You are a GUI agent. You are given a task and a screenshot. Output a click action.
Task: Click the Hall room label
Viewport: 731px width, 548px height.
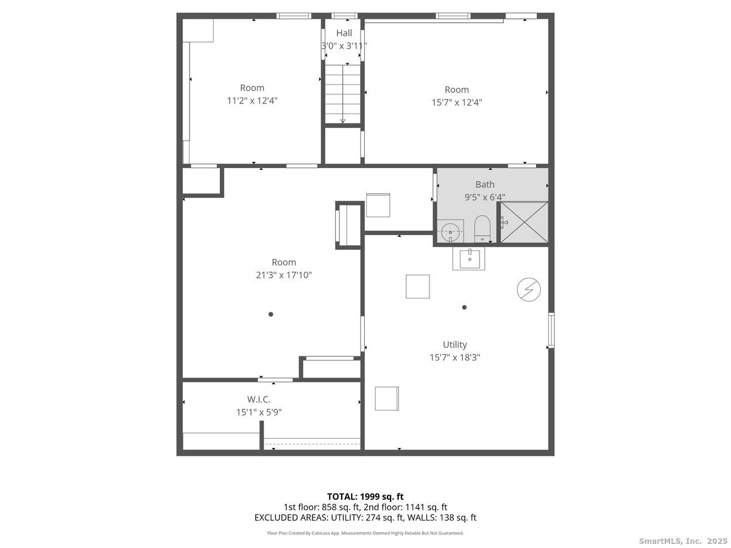(x=344, y=33)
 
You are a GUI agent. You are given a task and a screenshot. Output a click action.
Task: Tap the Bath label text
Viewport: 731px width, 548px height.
(x=484, y=184)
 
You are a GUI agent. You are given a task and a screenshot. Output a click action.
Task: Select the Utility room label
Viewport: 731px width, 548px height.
(x=454, y=345)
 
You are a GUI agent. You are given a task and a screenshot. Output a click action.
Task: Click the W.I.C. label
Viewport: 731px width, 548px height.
(x=259, y=399)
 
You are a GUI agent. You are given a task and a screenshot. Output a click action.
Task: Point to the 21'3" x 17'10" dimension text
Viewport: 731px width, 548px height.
(x=284, y=275)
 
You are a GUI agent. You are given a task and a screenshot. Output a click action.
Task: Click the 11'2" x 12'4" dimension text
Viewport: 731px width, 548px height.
(x=252, y=100)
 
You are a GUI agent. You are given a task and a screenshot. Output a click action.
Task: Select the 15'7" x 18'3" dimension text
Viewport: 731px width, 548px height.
(x=454, y=357)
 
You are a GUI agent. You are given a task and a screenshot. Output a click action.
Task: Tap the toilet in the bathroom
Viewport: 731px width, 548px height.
(x=482, y=228)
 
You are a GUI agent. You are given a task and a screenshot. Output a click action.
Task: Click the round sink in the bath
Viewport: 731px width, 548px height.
(x=450, y=231)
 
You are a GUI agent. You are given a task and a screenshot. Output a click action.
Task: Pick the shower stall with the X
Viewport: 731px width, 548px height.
(x=524, y=222)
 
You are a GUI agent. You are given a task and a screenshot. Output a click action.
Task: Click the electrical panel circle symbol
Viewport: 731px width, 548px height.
(x=529, y=289)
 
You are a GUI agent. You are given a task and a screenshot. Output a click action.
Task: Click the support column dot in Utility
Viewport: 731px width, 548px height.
(x=464, y=307)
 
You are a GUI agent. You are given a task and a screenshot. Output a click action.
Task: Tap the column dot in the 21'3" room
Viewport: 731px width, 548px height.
(x=270, y=314)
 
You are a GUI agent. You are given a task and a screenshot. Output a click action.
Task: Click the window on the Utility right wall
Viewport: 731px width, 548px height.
(x=551, y=331)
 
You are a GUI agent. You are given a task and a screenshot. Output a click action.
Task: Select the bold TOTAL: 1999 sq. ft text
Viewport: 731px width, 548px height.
(x=365, y=497)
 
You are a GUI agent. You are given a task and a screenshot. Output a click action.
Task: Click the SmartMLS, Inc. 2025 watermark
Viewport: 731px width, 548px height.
(x=683, y=541)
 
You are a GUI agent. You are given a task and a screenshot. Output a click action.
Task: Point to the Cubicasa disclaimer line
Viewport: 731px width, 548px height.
(x=365, y=533)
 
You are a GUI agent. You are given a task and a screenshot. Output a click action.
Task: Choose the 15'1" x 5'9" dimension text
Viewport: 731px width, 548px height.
(x=259, y=412)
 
